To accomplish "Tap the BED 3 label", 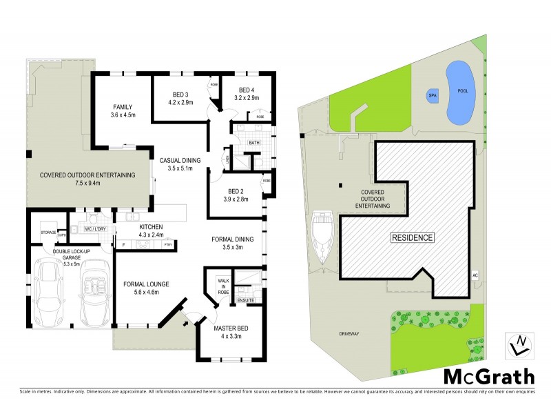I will [180, 95].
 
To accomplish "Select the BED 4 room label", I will [247, 90].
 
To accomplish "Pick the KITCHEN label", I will [150, 227].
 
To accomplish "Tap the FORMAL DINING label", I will [233, 239].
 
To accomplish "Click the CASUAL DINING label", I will [180, 161].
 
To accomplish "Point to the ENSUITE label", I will [245, 300].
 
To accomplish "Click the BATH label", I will [253, 143].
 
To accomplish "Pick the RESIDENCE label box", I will [413, 237].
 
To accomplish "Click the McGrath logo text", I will [488, 376].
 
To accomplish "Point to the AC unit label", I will [475, 275].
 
